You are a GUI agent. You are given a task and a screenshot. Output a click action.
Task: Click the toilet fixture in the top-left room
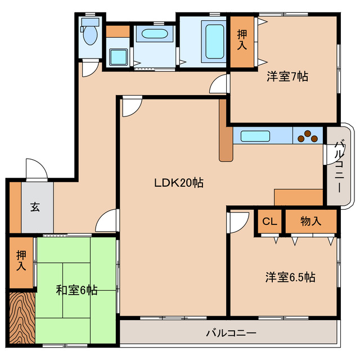[89, 34]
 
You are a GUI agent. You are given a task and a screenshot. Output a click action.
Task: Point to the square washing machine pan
[118, 57]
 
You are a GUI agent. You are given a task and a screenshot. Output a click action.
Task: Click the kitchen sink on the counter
[255, 136]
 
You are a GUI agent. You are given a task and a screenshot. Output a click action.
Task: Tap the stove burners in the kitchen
[307, 136]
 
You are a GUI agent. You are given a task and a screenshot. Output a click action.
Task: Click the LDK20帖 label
[179, 182]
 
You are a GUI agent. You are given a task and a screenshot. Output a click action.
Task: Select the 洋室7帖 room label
[287, 76]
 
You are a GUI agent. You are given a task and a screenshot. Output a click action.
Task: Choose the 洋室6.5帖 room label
[290, 277]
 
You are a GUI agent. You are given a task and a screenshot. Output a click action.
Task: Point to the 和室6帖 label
[77, 290]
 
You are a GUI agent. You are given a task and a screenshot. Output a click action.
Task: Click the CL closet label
[269, 221]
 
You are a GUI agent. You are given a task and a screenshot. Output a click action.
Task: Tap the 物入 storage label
[310, 221]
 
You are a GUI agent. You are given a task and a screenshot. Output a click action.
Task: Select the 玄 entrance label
[35, 207]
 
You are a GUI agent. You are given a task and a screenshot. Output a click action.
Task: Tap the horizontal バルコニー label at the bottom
[231, 332]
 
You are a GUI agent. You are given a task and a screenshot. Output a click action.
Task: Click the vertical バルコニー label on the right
[339, 166]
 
